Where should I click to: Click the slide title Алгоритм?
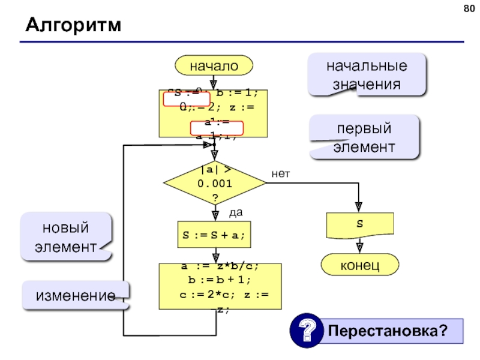click(73, 26)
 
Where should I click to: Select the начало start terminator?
click(214, 65)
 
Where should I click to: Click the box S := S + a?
click(214, 235)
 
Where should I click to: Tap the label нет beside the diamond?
click(280, 174)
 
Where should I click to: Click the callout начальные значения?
click(367, 75)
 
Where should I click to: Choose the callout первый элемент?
click(364, 138)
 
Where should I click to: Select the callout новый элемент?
click(65, 236)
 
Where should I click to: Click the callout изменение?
click(75, 296)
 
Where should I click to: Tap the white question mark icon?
click(304, 331)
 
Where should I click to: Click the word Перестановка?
click(388, 331)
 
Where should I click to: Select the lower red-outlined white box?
click(217, 128)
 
